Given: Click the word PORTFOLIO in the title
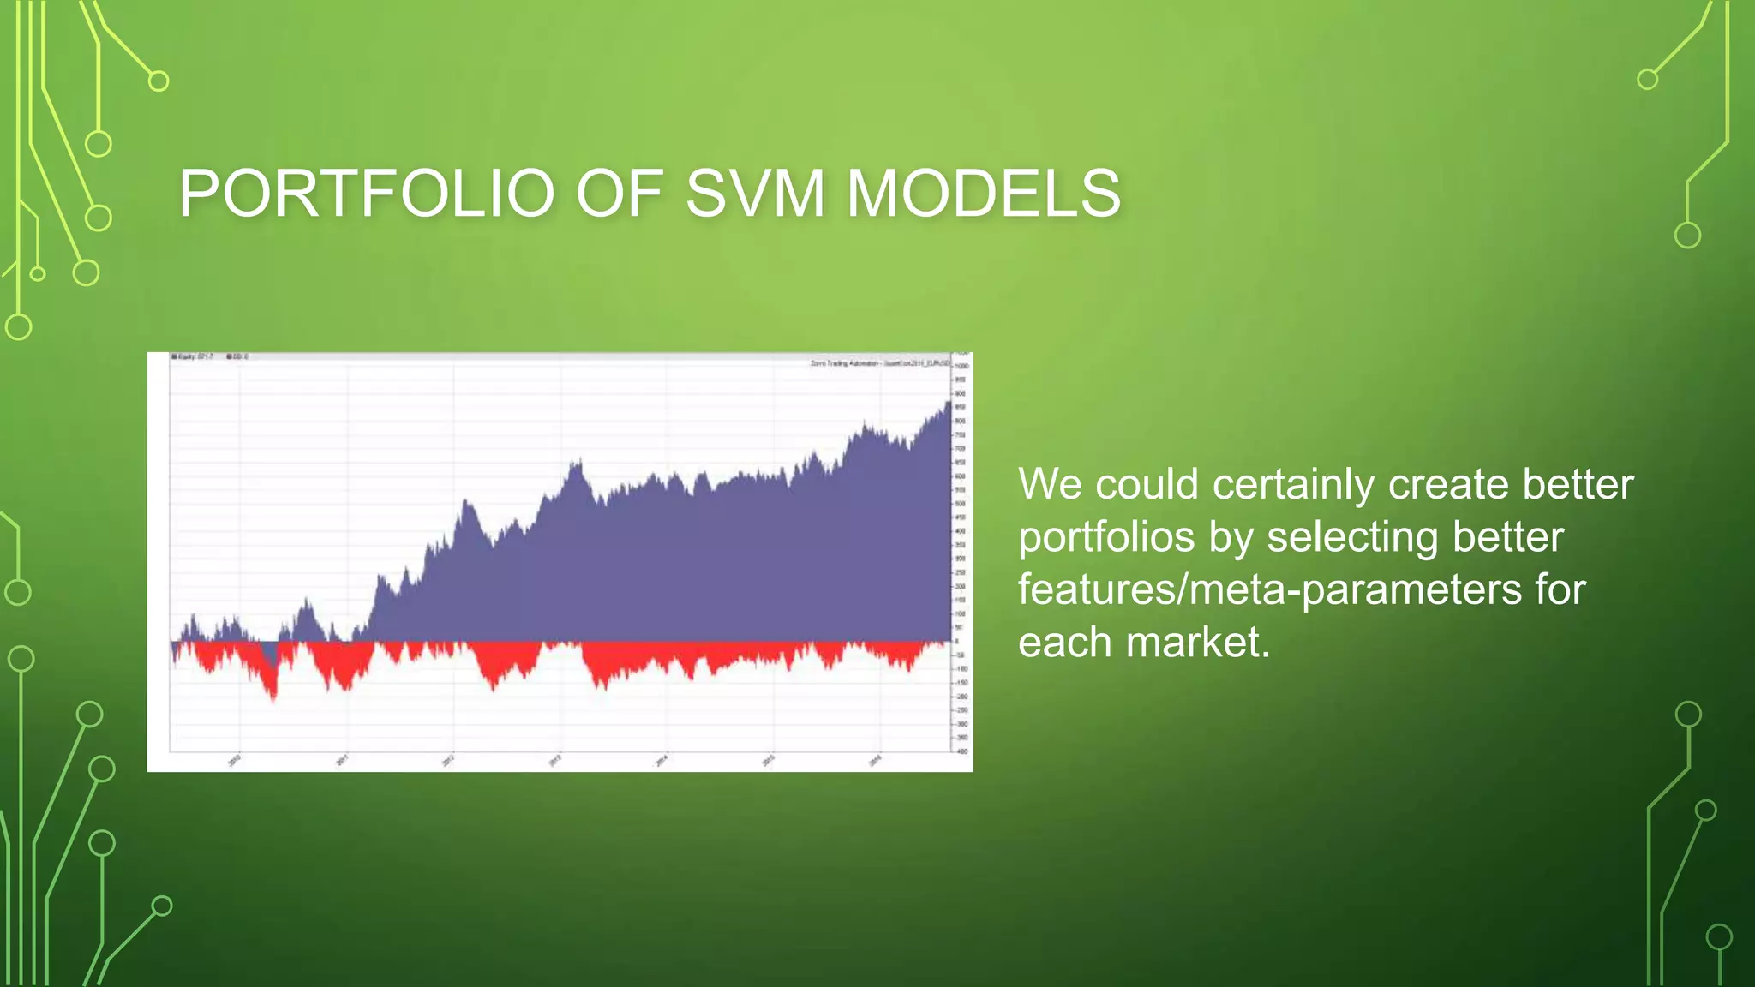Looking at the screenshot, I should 367,194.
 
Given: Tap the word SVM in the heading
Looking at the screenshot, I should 755,194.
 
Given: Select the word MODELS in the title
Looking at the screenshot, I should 983,194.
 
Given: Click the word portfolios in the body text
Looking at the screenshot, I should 1105,538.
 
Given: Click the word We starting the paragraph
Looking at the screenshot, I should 1051,485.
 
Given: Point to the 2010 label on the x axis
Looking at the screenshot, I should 235,760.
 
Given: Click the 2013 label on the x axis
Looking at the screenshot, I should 555,760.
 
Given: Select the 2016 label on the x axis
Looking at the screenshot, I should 875,760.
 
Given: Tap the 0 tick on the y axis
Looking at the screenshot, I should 957,641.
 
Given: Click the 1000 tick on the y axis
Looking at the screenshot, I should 961,366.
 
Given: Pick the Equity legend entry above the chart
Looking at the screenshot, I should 193,356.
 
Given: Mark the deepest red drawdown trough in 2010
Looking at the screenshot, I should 273,699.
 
